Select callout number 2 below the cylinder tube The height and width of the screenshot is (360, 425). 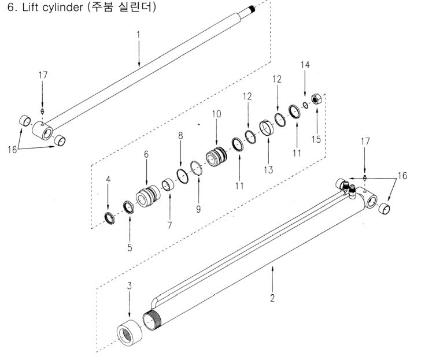pos(272,299)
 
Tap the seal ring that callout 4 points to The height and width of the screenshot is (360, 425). pos(108,217)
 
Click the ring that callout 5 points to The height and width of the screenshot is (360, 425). pos(128,206)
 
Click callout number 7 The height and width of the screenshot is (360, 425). pos(169,225)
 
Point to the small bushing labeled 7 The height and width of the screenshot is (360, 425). pos(168,186)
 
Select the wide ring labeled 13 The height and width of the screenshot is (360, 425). pos(268,127)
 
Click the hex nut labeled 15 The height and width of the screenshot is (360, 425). pos(317,99)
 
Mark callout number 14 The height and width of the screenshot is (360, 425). pos(305,65)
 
